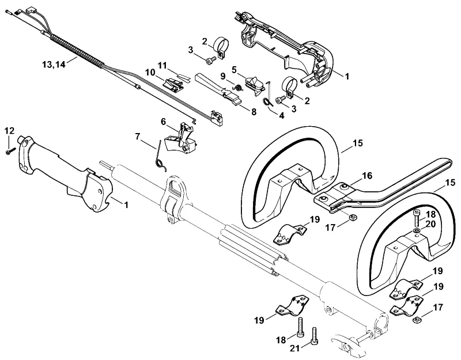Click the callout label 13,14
point(54,65)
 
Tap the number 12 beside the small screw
point(10,131)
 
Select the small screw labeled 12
point(9,151)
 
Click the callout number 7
point(138,137)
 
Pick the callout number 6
point(164,121)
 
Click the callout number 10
point(150,73)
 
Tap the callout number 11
point(162,65)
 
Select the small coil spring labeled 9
point(237,88)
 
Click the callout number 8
point(254,112)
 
